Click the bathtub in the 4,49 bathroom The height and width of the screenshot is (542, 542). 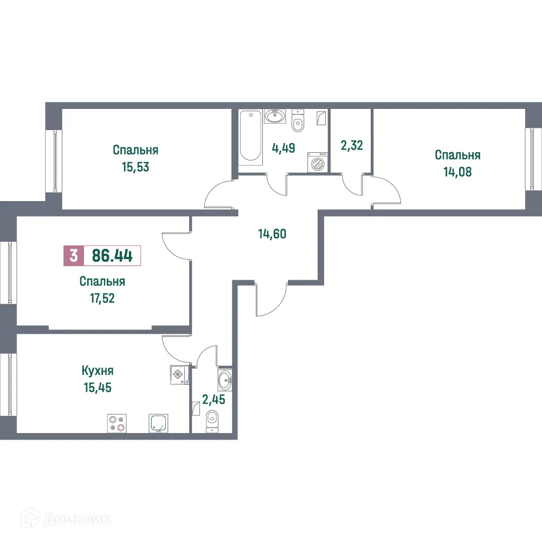(x=250, y=135)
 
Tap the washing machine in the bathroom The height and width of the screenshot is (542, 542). (x=318, y=162)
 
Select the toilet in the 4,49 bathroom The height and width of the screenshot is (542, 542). (x=298, y=122)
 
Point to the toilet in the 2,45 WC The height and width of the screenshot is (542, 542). (x=212, y=419)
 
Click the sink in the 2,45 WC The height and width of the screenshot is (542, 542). (x=224, y=380)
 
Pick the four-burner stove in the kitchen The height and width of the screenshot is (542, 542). (x=117, y=423)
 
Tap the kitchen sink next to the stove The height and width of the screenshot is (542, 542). (x=159, y=423)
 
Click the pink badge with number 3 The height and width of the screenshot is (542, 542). (x=74, y=255)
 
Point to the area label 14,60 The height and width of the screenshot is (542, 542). (x=272, y=234)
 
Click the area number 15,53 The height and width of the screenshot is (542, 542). (x=135, y=166)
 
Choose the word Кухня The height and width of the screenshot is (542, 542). (x=98, y=371)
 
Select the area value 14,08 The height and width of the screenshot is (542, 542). (x=457, y=172)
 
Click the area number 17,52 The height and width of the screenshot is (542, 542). (x=102, y=298)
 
